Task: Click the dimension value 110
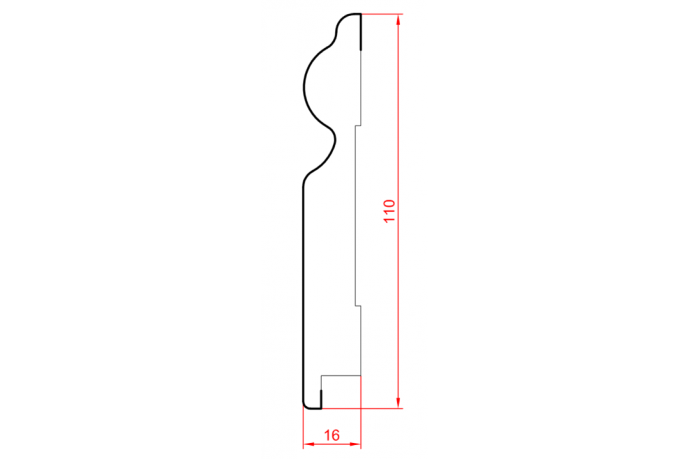click(x=389, y=211)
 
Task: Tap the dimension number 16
click(x=332, y=435)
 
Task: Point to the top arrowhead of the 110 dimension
click(x=398, y=20)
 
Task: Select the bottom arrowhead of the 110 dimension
click(x=398, y=402)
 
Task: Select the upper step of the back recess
click(x=358, y=126)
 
